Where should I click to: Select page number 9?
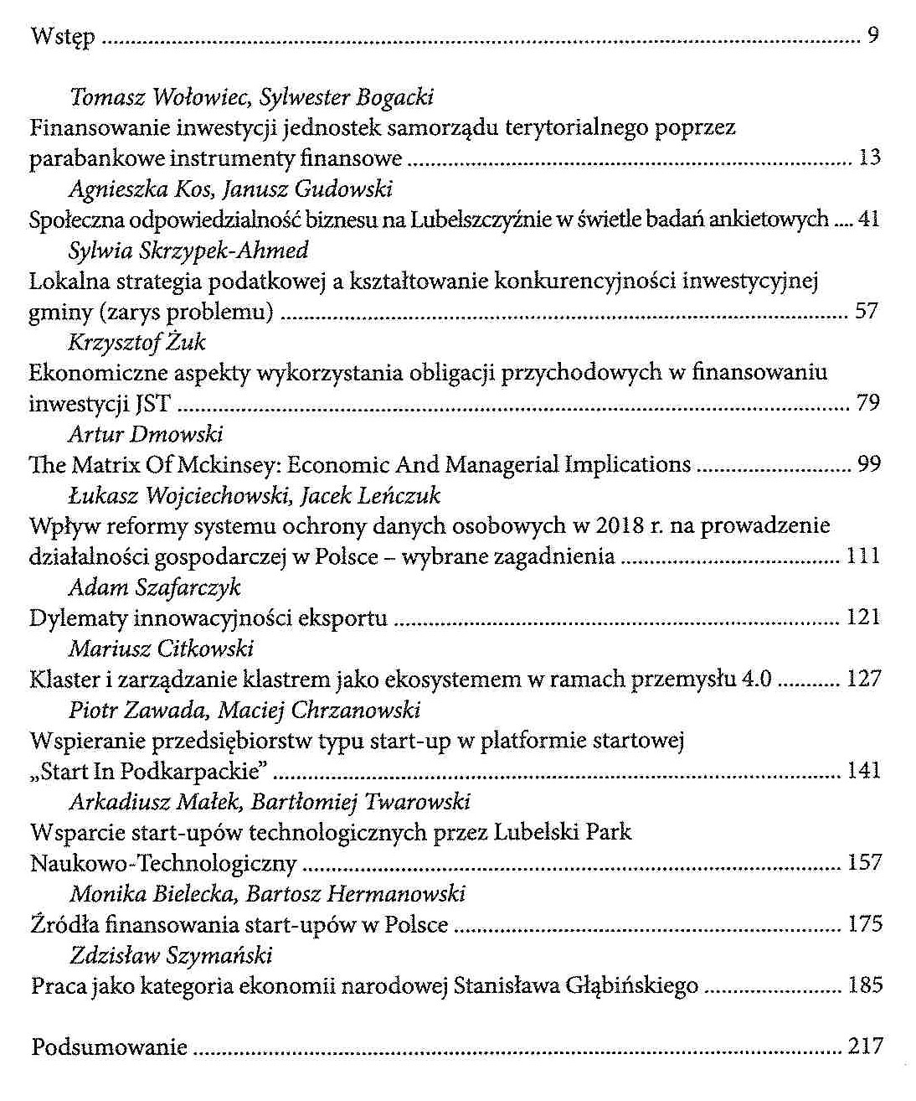[872, 36]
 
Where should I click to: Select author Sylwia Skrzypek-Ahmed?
[188, 251]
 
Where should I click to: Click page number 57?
[867, 311]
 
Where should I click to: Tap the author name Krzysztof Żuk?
[136, 342]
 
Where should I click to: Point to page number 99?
[869, 464]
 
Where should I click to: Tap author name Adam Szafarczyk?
[154, 587]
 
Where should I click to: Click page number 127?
[864, 679]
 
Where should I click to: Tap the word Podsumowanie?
[109, 1047]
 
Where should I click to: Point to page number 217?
[866, 1046]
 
